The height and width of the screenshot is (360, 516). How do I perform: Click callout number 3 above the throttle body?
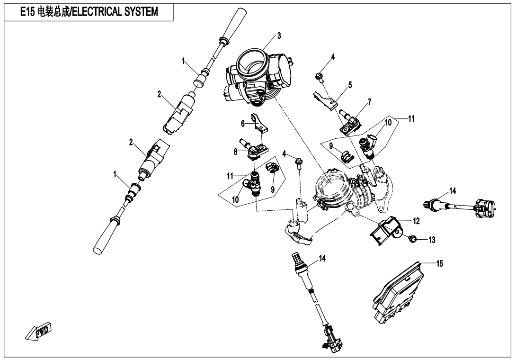pos(279,36)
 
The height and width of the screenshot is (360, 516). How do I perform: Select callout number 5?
pos(350,85)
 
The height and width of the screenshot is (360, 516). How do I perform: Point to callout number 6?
pos(242,123)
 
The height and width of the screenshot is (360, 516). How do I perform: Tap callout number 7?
pos(369,101)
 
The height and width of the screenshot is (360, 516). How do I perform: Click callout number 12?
pos(416,221)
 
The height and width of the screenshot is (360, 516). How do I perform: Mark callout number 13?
pos(432,240)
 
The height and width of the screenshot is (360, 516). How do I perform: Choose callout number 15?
pos(440,264)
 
